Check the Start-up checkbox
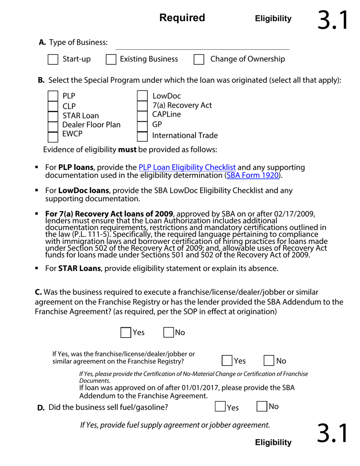pyautogui.click(x=53, y=59)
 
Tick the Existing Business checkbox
pyautogui.click(x=111, y=59)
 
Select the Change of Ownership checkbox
pyautogui.click(x=199, y=59)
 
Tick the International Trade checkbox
pyautogui.click(x=142, y=136)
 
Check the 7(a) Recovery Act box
pyautogui.click(x=142, y=105)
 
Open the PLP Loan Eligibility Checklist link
pyautogui.click(x=187, y=167)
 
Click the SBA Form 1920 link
pyautogui.click(x=253, y=175)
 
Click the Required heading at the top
pyautogui.click(x=182, y=18)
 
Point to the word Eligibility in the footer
pyautogui.click(x=273, y=442)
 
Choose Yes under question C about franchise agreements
pyautogui.click(x=126, y=333)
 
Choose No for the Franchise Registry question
pyautogui.click(x=269, y=361)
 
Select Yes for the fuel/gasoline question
pyautogui.click(x=220, y=407)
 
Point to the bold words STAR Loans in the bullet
pyautogui.click(x=79, y=269)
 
